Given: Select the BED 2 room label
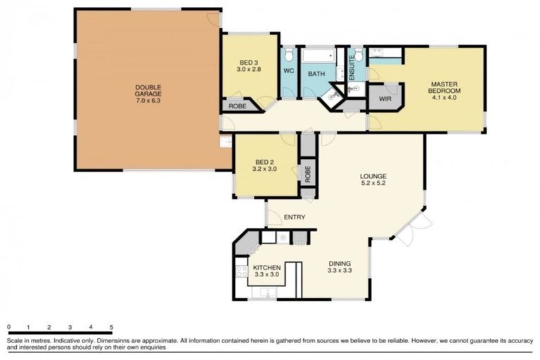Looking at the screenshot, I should pos(264,165).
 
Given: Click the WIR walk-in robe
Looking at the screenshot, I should pos(385,99).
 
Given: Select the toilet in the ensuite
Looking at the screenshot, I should pos(356,54).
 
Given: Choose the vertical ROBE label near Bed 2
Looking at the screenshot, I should pos(307,174).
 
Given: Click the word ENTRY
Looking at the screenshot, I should pos(295,217).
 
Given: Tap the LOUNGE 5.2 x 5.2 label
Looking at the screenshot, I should pos(373,180).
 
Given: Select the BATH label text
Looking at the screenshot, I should pos(317,72).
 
